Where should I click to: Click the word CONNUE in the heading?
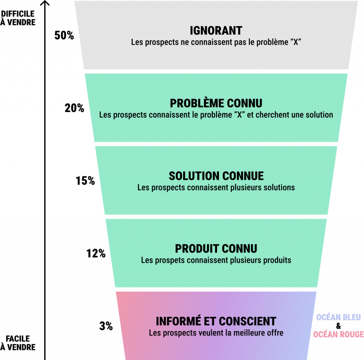point(244,176)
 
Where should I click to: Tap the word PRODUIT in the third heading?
point(196,249)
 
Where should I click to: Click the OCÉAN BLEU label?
point(338,317)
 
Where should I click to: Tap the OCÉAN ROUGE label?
point(338,334)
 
